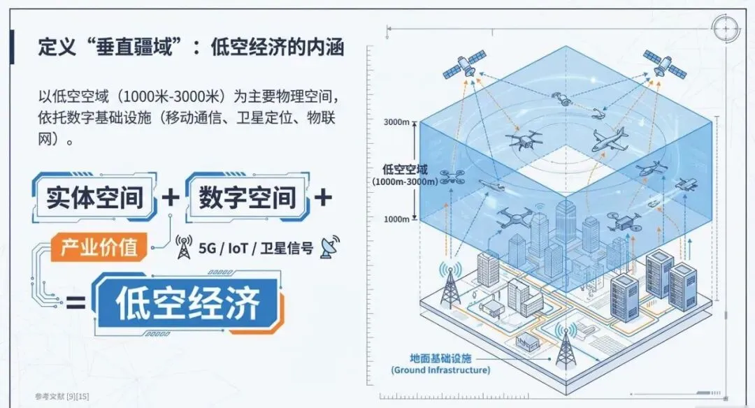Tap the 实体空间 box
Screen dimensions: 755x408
click(94, 198)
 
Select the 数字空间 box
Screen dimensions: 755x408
click(247, 198)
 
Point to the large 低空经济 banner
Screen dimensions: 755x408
click(189, 303)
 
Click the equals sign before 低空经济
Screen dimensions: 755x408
click(75, 303)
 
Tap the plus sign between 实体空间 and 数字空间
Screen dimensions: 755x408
click(171, 198)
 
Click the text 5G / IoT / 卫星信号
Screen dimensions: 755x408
click(256, 247)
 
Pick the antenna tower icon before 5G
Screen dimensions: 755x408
click(185, 247)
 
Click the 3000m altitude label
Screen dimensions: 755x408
click(396, 122)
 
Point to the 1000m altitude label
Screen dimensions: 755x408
click(396, 219)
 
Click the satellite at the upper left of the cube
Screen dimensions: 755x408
click(461, 65)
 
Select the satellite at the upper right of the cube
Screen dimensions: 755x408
click(664, 63)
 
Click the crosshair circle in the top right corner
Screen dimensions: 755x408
click(724, 29)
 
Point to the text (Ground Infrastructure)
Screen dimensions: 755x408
click(440, 370)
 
